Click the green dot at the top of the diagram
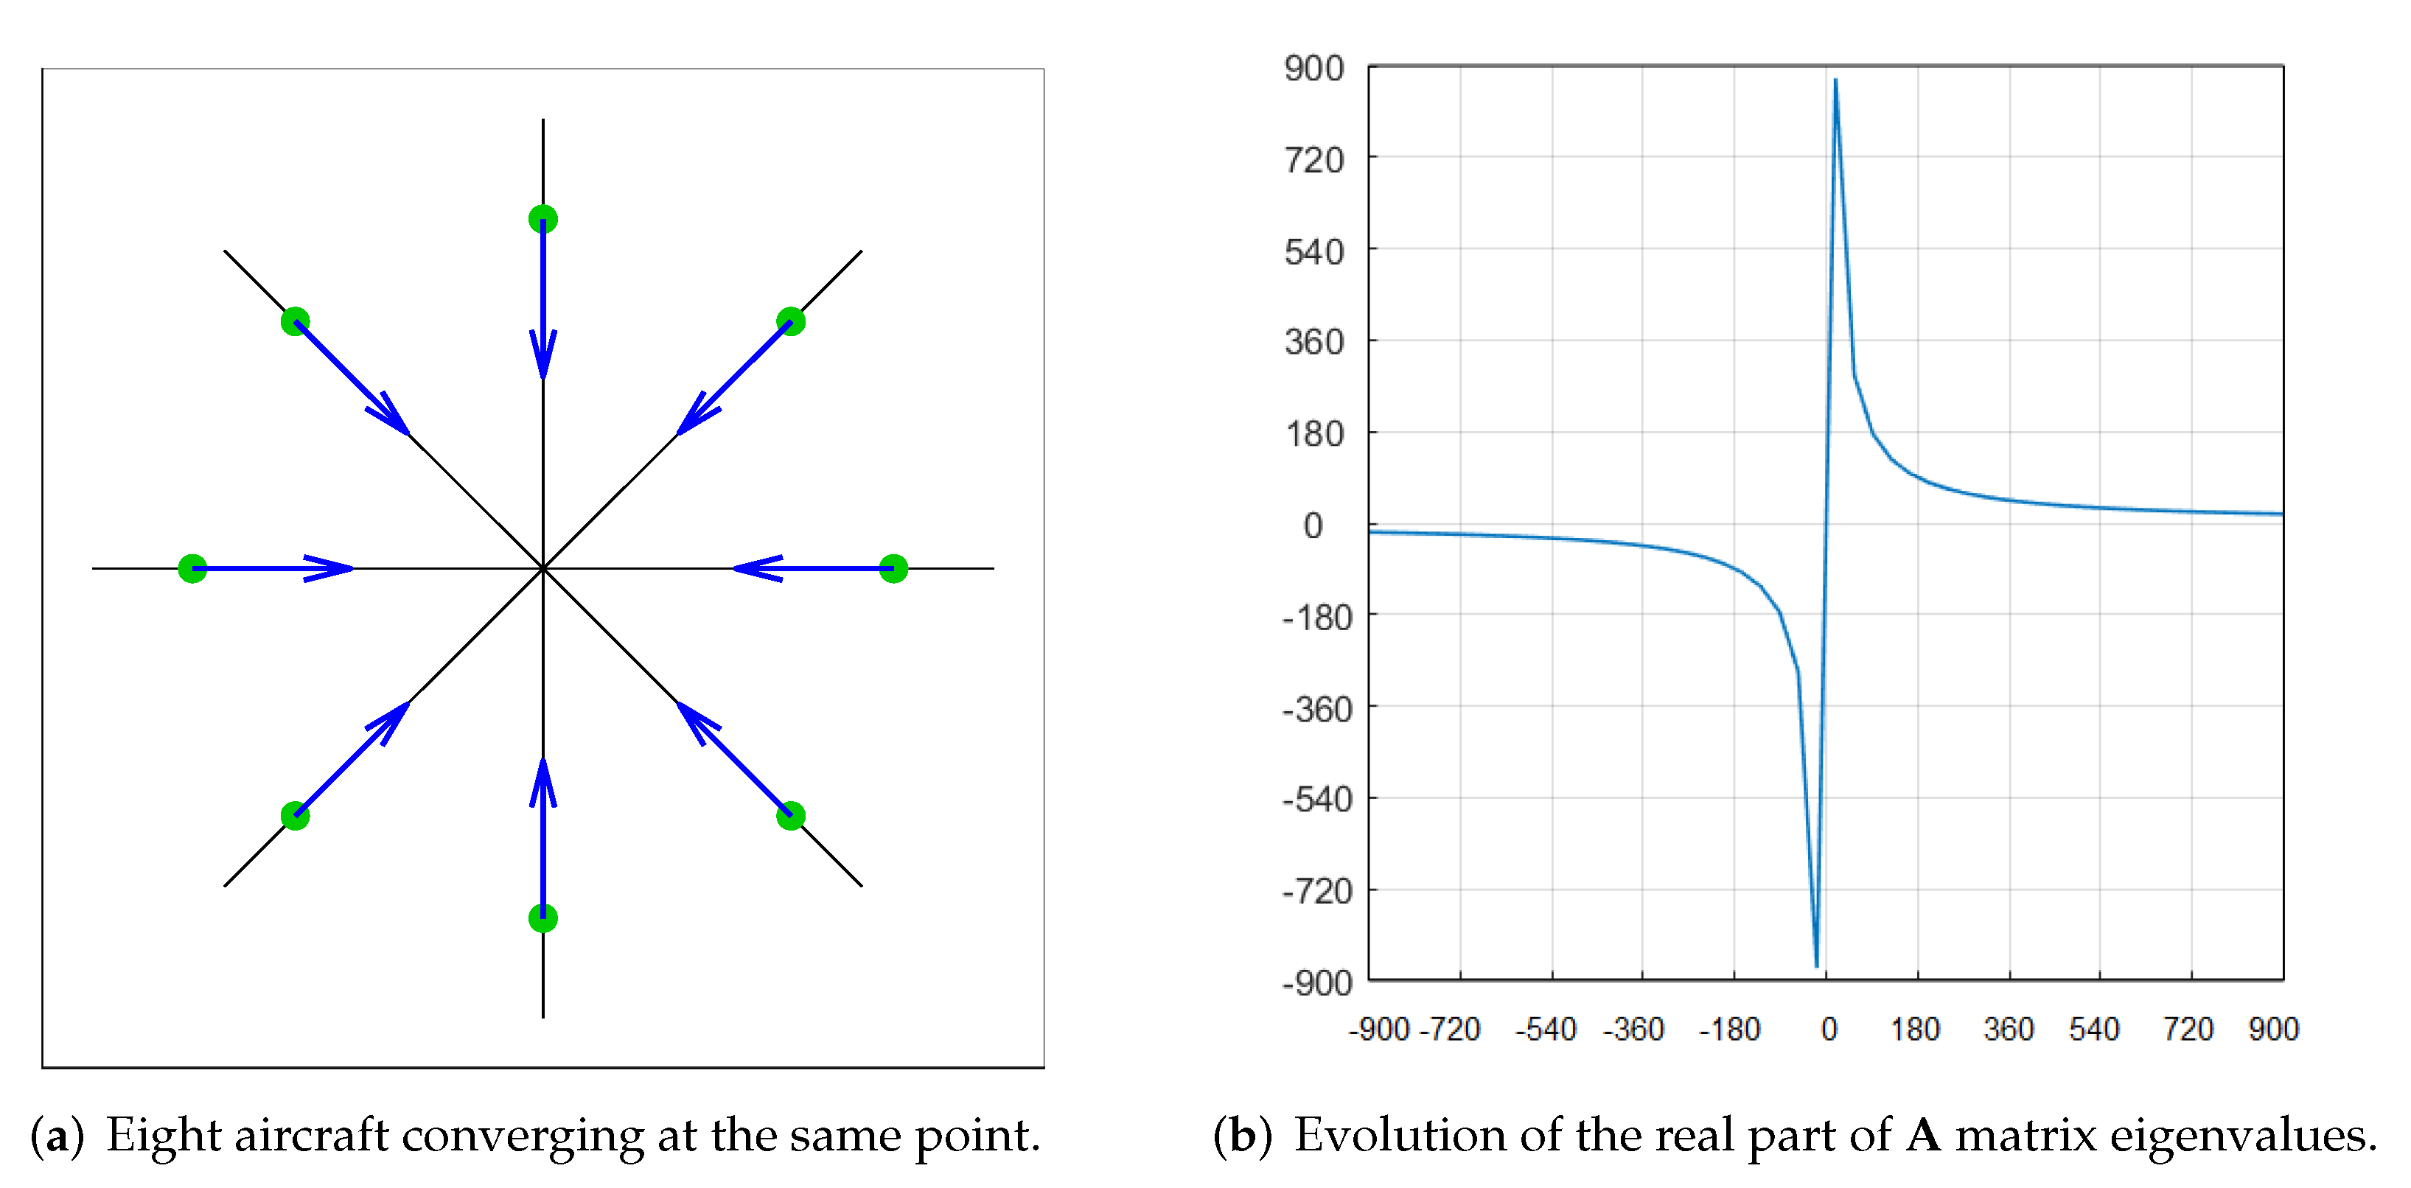[x=542, y=219]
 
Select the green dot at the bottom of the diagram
[x=542, y=918]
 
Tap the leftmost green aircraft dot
[x=192, y=568]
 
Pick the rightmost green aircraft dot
[x=894, y=568]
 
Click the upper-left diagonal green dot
[x=295, y=321]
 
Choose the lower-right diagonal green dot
[x=791, y=815]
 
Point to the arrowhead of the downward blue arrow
[x=542, y=360]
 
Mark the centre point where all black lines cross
[x=542, y=568]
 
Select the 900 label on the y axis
[x=1314, y=69]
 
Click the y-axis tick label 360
[x=1314, y=343]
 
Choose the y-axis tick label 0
[x=1313, y=526]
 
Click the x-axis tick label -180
[x=1730, y=1030]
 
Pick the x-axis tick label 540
[x=2094, y=1030]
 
